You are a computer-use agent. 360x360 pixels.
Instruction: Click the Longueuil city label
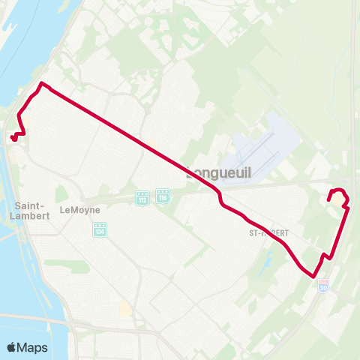[218, 173]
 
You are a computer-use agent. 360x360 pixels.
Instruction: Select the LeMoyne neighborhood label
[79, 210]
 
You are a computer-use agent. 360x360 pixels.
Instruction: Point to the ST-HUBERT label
[268, 233]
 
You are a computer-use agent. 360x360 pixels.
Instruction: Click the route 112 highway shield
[142, 198]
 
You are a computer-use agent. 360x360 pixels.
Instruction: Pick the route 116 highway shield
[163, 196]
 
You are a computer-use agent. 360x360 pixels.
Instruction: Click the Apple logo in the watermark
[13, 347]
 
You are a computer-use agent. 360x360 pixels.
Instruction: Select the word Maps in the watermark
[33, 347]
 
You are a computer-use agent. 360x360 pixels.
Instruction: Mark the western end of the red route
[13, 137]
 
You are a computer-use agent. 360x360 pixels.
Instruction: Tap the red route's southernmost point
[313, 276]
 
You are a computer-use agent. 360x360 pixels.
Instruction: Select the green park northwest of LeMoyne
[61, 194]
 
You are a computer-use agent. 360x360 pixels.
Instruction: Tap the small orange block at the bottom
[125, 308]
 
